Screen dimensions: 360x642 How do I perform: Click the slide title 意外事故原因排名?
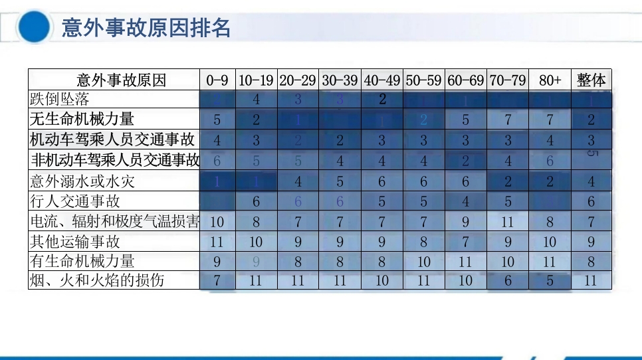tap(146, 28)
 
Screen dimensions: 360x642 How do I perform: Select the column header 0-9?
tap(217, 80)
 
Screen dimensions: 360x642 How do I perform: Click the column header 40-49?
tap(382, 80)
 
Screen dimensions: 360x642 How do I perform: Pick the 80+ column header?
tap(550, 80)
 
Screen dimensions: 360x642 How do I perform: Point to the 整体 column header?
tap(591, 80)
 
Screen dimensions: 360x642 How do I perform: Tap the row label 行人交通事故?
tap(74, 201)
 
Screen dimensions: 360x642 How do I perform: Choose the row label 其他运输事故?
tap(74, 241)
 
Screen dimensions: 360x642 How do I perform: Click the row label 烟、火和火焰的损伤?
tap(97, 280)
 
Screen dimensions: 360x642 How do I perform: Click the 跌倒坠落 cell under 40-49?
tap(382, 100)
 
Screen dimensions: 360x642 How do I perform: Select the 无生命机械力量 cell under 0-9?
tap(217, 120)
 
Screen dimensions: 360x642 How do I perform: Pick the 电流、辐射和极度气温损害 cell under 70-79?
tap(508, 221)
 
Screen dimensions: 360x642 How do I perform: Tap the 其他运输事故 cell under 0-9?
tap(217, 241)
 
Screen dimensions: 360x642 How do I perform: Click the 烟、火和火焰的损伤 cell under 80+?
tap(550, 280)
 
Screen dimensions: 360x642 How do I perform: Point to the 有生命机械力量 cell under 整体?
tap(591, 261)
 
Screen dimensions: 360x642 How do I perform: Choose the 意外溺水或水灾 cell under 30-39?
tap(340, 181)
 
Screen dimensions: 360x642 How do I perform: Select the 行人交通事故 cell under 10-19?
tap(256, 201)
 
